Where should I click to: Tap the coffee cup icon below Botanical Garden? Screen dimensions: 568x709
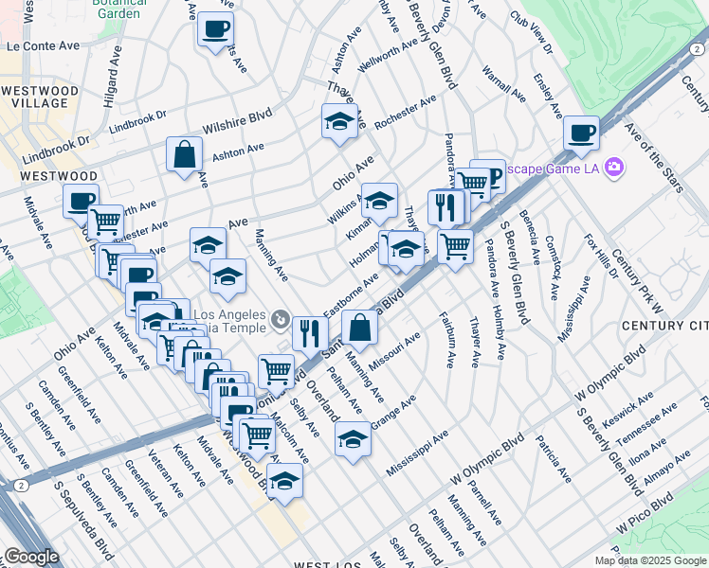(x=216, y=28)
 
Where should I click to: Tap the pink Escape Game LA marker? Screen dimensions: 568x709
(x=614, y=168)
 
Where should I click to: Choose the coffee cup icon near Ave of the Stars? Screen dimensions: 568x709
(x=580, y=133)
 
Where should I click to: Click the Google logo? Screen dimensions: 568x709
(x=31, y=557)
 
